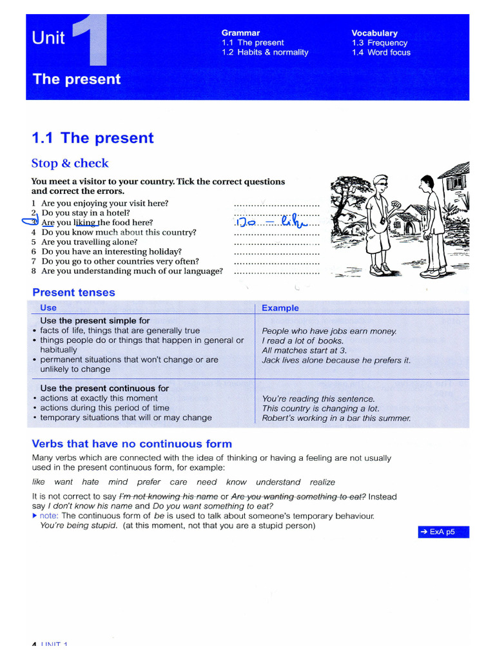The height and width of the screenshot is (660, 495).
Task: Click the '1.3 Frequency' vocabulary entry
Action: tap(379, 43)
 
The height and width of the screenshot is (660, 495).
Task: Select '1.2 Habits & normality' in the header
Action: tap(265, 52)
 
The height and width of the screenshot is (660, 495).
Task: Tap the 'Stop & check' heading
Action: tap(70, 163)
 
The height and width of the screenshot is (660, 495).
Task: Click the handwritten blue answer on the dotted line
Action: tap(275, 222)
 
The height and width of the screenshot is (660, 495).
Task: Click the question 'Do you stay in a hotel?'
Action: tap(85, 213)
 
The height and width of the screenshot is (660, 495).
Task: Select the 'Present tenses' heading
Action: tap(73, 293)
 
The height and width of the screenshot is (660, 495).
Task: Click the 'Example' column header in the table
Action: tap(280, 308)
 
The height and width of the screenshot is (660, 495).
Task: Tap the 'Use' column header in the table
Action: tap(48, 308)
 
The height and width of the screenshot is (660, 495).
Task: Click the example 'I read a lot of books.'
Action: tap(302, 340)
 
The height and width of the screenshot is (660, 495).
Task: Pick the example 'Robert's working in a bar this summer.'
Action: tap(336, 418)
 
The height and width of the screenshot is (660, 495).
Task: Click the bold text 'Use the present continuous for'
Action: tap(104, 388)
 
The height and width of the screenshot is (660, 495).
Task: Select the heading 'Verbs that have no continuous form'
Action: tap(131, 444)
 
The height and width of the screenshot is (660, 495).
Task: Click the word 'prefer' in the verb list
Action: tap(148, 482)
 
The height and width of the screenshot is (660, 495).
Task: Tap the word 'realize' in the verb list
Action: tap(322, 482)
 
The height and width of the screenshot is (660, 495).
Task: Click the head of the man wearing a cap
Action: tap(380, 184)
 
